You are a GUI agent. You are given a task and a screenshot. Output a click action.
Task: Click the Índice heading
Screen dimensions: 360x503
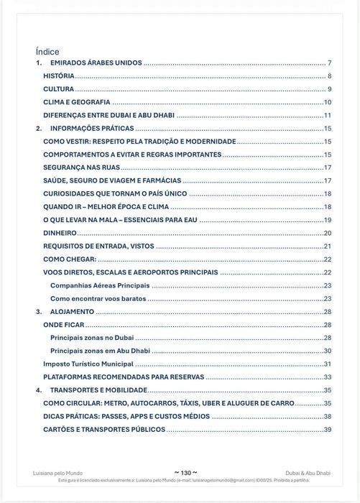click(47, 52)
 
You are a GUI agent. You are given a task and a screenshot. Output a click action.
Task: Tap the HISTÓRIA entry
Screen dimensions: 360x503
click(58, 76)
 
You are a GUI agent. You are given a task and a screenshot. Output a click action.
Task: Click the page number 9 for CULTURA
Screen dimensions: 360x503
click(328, 89)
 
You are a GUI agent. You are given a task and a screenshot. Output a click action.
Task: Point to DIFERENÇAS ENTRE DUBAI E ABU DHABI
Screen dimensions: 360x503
click(109, 115)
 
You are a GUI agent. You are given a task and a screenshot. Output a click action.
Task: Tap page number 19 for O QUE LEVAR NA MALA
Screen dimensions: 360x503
click(327, 220)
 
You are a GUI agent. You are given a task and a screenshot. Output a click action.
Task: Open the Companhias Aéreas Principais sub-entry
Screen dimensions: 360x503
click(100, 285)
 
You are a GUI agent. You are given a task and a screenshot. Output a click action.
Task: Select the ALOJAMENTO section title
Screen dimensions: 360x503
click(72, 312)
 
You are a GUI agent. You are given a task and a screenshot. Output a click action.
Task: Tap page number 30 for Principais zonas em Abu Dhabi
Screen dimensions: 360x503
click(327, 351)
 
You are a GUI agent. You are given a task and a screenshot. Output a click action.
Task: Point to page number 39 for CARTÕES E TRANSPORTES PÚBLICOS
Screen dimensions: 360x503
click(327, 429)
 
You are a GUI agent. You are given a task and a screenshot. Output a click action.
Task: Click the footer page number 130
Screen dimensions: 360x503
click(180, 472)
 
